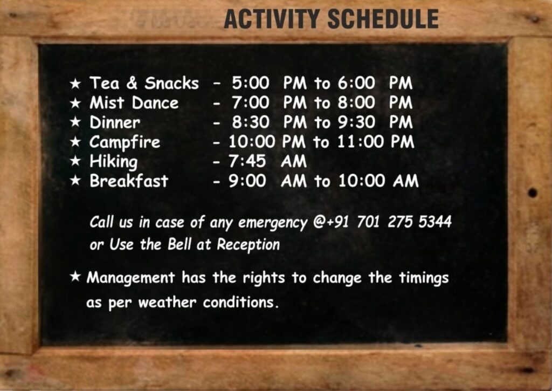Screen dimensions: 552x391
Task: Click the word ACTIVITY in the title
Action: tap(272, 19)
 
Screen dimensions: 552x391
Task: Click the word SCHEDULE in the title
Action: tap(383, 19)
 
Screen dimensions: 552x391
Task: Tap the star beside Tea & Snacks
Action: tap(75, 84)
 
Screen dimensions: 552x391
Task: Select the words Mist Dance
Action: tap(134, 103)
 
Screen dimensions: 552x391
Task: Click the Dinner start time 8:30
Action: tap(251, 122)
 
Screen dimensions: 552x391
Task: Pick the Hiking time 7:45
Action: tap(247, 161)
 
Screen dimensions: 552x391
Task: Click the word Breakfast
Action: tap(129, 181)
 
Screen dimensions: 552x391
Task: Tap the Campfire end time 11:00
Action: tap(361, 142)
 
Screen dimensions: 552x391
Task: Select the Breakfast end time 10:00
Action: tap(362, 181)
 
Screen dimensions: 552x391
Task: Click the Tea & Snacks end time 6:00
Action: tap(356, 83)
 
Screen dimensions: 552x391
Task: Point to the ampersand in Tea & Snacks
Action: tap(132, 83)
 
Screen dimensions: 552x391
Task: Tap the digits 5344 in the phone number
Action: tap(435, 222)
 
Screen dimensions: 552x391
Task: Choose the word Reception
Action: tap(248, 244)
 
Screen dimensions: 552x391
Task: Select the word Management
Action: tap(130, 278)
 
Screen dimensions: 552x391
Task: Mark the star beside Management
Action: tap(75, 277)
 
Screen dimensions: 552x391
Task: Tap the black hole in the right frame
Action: tap(532, 193)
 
